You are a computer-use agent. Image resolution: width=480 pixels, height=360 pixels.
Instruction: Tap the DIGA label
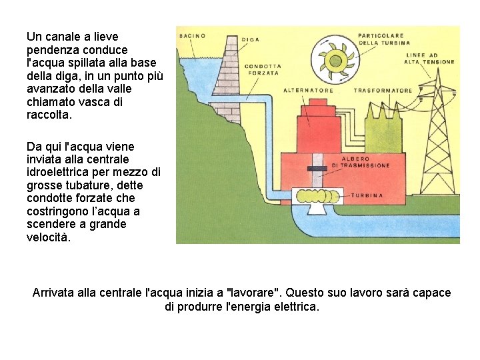click(x=251, y=39)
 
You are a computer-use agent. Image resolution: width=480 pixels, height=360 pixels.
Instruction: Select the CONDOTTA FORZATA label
click(x=263, y=69)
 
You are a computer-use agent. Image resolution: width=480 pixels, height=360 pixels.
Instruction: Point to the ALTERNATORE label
click(x=308, y=90)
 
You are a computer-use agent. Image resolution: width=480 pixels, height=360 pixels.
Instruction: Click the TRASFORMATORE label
click(x=383, y=90)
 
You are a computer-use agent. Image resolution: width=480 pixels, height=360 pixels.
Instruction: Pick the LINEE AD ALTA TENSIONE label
click(x=429, y=58)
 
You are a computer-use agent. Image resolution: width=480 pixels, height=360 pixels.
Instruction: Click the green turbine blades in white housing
click(x=317, y=196)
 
